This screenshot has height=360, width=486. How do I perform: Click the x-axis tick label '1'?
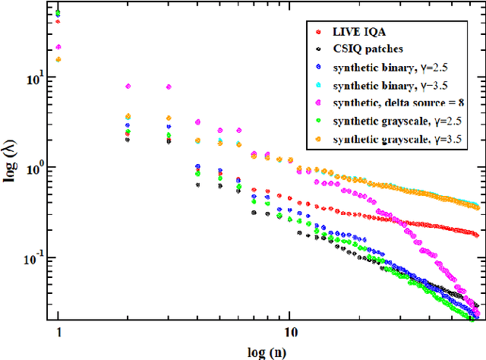point(58,333)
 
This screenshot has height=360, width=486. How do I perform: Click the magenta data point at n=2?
point(128,87)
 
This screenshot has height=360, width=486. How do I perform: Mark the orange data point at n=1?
point(58,59)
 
